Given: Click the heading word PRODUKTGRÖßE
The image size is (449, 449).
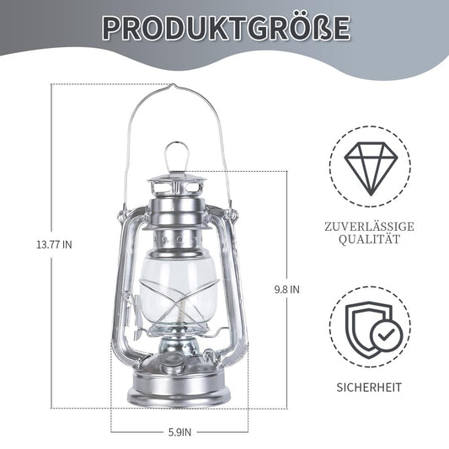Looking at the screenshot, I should click(x=225, y=27).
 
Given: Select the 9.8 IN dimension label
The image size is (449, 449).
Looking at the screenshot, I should click(x=287, y=289).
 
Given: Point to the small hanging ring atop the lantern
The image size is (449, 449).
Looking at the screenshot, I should click(x=177, y=155).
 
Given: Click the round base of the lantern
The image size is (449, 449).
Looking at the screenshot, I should click(x=179, y=388).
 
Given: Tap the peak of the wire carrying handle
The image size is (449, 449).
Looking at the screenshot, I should click(x=174, y=86).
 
